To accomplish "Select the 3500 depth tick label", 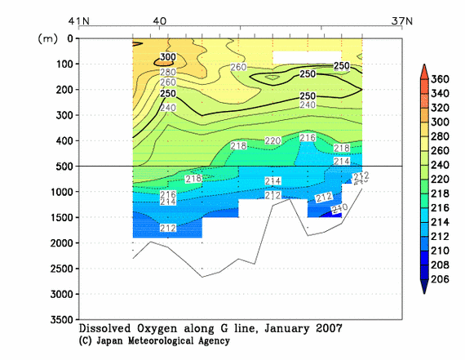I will click(x=60, y=319).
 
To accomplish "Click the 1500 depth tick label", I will click(x=60, y=217).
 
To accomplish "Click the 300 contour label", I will click(x=166, y=58).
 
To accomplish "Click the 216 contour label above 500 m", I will click(x=308, y=138).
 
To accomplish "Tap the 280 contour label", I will click(x=166, y=71).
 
